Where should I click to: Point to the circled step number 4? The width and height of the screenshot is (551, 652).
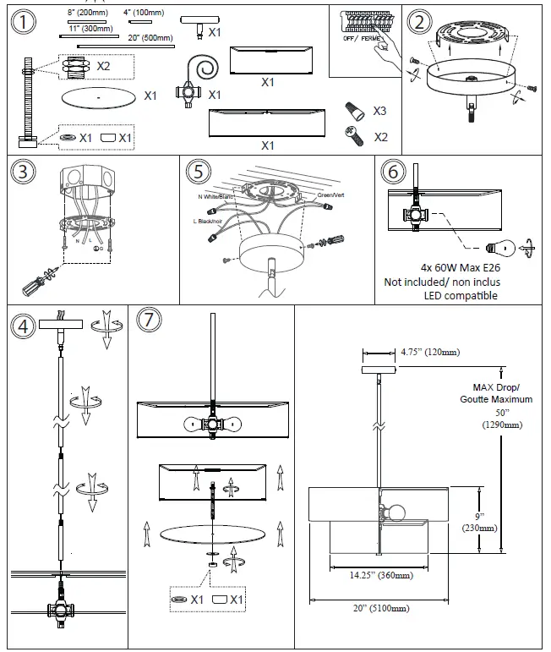coord(25,325)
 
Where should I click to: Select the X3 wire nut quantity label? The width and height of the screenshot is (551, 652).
coord(379,111)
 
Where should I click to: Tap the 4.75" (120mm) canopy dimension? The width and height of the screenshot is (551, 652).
coord(429,352)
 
